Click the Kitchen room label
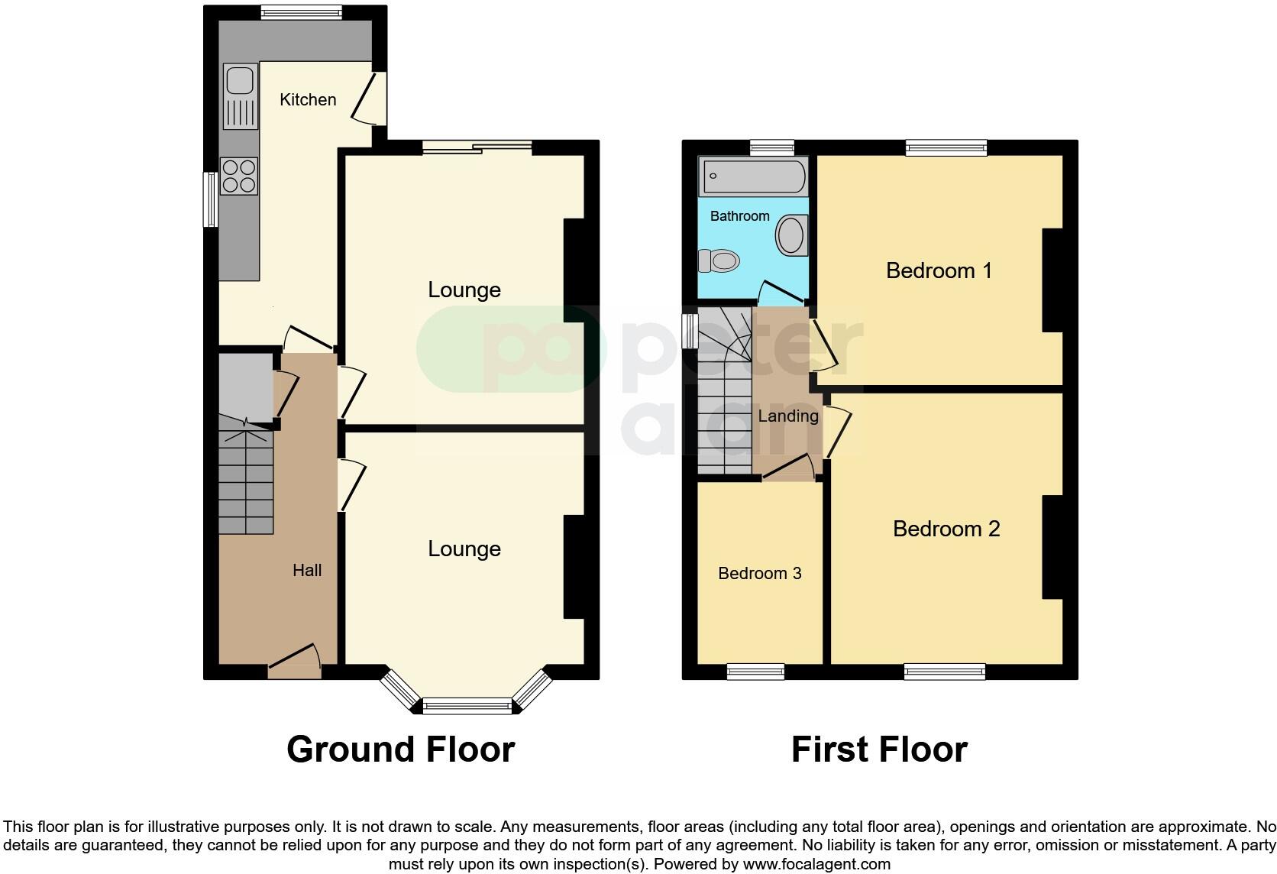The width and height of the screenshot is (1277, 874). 308,99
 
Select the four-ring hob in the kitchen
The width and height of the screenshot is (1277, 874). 239,176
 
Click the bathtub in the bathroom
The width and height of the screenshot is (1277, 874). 752,176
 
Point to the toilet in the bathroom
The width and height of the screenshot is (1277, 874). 720,261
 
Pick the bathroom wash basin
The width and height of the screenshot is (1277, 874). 792,235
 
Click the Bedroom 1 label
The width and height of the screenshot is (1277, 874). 939,270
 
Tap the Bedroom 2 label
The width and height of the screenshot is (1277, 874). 946,529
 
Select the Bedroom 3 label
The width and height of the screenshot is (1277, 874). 759,573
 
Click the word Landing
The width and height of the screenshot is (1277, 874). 787,416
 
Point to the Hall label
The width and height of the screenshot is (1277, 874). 307,570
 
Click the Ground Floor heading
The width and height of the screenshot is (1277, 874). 400,749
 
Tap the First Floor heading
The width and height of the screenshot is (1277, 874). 879,749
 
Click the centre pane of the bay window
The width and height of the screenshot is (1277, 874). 467,707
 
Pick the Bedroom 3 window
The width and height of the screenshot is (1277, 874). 755,672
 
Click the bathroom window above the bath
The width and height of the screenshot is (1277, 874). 771,147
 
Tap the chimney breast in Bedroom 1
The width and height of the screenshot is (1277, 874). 1052,280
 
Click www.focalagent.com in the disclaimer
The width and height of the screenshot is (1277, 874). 816,865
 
